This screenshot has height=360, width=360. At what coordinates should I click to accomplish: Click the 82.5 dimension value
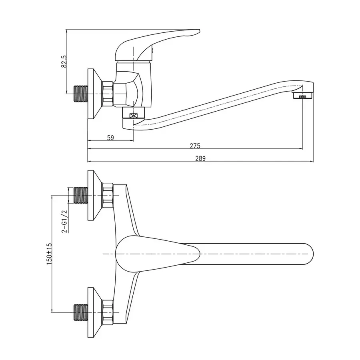pyautogui.click(x=64, y=61)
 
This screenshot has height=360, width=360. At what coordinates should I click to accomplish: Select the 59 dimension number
pyautogui.click(x=111, y=138)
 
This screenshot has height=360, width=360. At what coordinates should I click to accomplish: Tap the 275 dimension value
pyautogui.click(x=195, y=146)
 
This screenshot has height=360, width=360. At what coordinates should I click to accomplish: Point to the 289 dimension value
pyautogui.click(x=200, y=158)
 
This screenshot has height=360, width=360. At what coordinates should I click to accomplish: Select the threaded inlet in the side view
pyautogui.click(x=80, y=94)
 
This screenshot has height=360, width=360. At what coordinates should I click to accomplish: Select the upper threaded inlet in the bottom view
pyautogui.click(x=81, y=196)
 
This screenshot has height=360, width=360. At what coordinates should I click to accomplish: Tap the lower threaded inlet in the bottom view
pyautogui.click(x=81, y=312)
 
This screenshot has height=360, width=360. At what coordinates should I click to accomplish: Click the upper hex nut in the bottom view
pyautogui.click(x=108, y=196)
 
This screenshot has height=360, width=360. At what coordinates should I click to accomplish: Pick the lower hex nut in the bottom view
pyautogui.click(x=108, y=312)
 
